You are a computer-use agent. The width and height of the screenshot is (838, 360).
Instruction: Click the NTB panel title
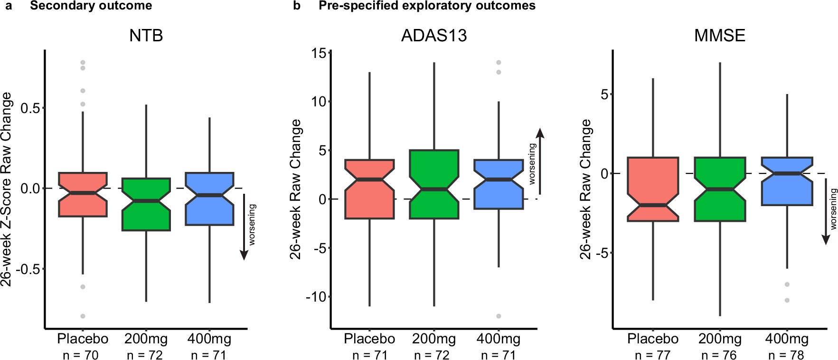click(146, 36)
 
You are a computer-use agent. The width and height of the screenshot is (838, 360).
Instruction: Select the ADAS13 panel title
click(434, 36)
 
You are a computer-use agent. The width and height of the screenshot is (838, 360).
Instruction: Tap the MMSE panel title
click(719, 36)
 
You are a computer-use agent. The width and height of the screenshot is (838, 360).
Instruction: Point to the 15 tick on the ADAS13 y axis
click(322, 53)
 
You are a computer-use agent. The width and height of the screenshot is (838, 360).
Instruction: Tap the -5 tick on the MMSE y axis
click(602, 253)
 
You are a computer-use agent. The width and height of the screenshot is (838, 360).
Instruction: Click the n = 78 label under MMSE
click(786, 354)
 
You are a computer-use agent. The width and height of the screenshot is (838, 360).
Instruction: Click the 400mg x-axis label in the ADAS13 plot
click(498, 339)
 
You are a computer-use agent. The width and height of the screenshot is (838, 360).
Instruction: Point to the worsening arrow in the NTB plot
click(244, 227)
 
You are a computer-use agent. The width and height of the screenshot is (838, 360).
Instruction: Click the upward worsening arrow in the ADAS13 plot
click(540, 161)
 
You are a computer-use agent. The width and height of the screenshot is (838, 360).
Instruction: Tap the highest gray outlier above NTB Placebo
click(83, 62)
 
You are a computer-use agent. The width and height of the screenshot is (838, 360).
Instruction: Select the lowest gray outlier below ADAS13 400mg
click(499, 316)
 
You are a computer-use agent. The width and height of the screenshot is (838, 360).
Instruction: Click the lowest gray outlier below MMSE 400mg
click(787, 300)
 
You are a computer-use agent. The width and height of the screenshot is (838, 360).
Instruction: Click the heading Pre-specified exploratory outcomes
click(427, 6)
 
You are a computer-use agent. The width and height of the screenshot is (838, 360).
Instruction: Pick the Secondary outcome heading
click(91, 6)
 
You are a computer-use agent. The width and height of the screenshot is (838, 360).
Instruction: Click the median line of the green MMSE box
click(720, 189)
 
